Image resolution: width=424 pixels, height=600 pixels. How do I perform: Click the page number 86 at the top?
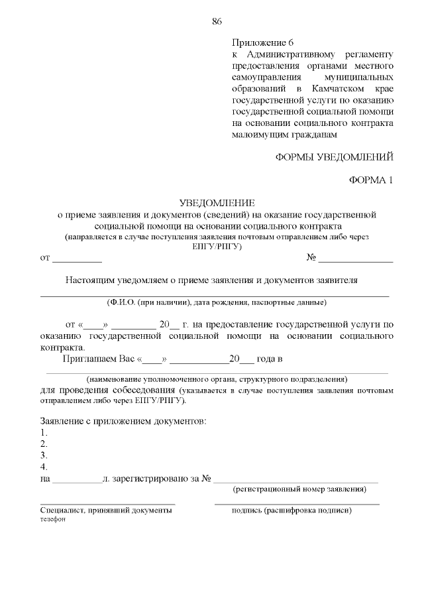(x=216, y=21)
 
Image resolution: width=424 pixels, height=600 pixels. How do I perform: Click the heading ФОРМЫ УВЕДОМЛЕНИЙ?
(x=335, y=157)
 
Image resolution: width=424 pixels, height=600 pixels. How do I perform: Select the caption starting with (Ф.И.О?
(x=216, y=302)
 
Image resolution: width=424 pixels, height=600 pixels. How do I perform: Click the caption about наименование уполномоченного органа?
(x=216, y=379)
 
